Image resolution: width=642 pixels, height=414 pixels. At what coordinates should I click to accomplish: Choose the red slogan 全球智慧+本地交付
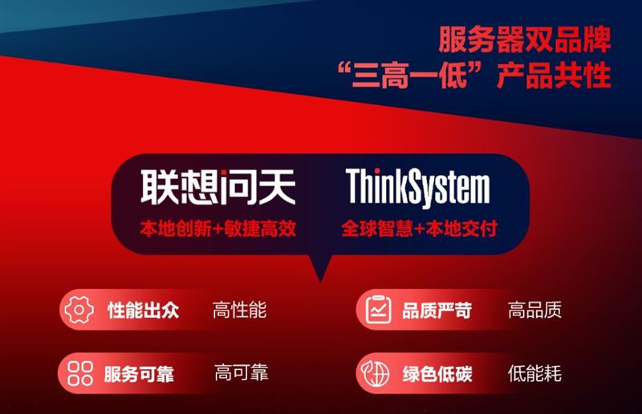pyautogui.click(x=419, y=228)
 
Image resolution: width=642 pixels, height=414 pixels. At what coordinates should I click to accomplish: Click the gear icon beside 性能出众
pyautogui.click(x=79, y=310)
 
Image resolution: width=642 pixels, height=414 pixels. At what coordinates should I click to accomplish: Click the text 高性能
pyautogui.click(x=239, y=310)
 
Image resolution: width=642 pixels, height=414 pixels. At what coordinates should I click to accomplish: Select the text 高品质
pyautogui.click(x=534, y=310)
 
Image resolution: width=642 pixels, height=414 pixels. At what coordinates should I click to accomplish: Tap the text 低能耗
pyautogui.click(x=534, y=373)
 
